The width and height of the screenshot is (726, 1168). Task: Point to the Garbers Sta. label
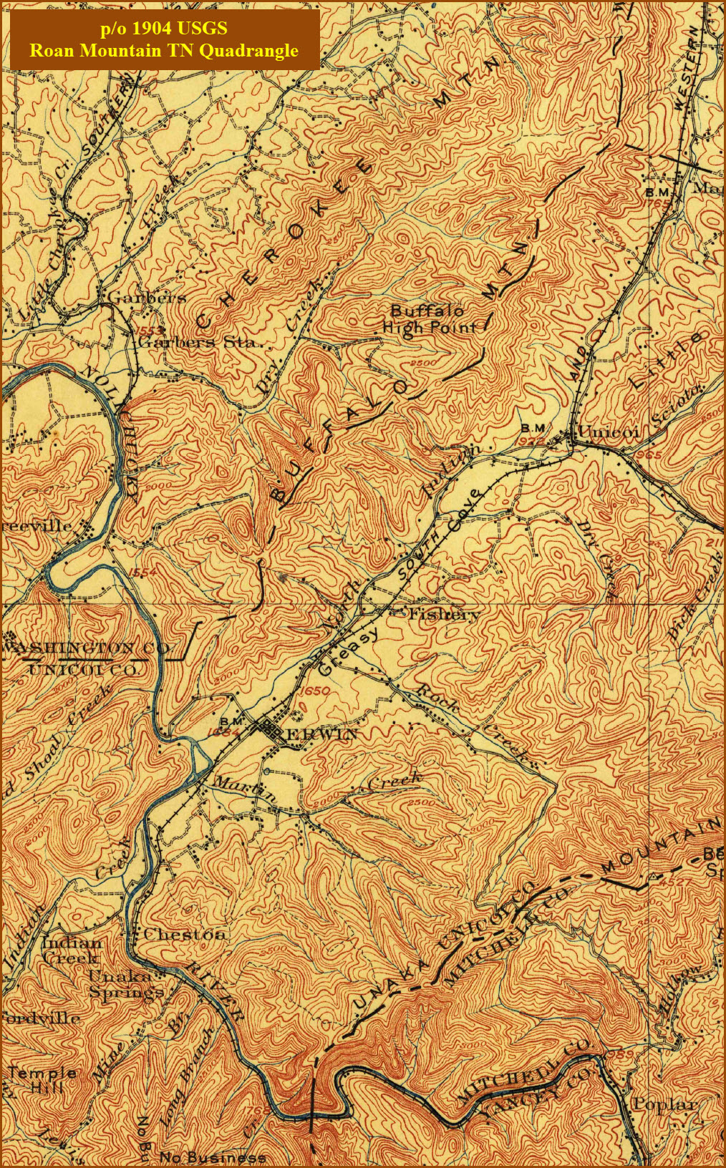coord(197,342)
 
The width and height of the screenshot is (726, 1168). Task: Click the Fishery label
coord(443,614)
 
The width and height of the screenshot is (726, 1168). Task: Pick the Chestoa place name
coord(185,934)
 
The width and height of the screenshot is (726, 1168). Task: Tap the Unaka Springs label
coord(125,984)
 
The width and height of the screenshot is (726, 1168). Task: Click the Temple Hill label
coord(43,1079)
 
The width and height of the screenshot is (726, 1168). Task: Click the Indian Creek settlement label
coord(72,950)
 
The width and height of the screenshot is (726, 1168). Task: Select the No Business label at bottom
coord(213,1157)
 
